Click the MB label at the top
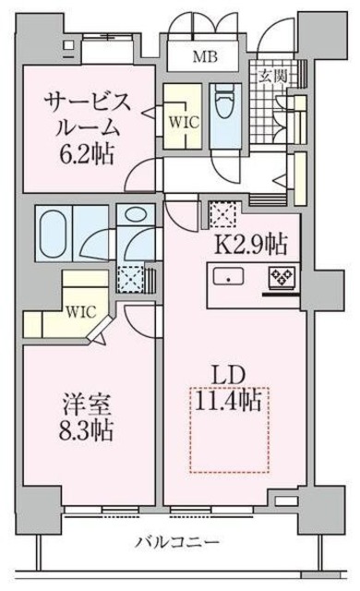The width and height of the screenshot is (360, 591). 206,55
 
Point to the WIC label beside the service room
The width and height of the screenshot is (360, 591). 178,118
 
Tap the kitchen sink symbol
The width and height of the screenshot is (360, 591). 226,276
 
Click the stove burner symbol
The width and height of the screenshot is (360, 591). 280,276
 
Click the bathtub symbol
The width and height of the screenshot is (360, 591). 54,223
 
